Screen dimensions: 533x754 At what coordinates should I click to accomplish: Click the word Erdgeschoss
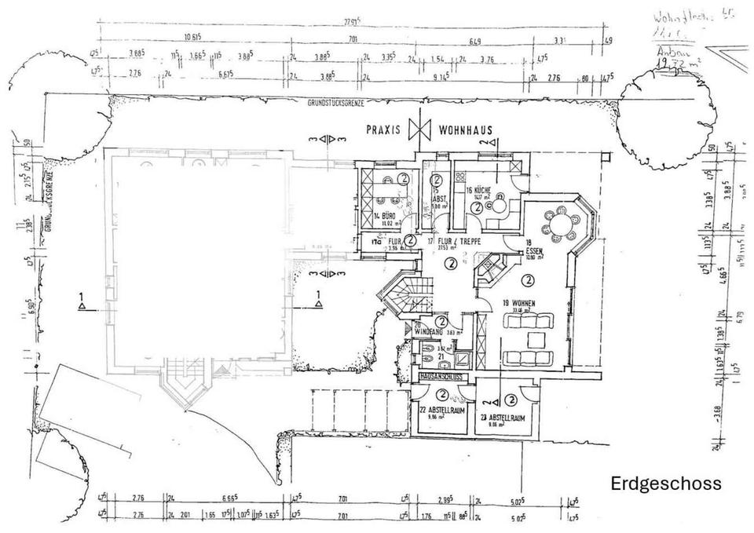[665, 484]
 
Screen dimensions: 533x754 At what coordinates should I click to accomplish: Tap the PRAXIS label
[386, 130]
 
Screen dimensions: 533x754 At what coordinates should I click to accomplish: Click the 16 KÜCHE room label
[478, 191]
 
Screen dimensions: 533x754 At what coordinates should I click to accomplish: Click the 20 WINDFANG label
[428, 329]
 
